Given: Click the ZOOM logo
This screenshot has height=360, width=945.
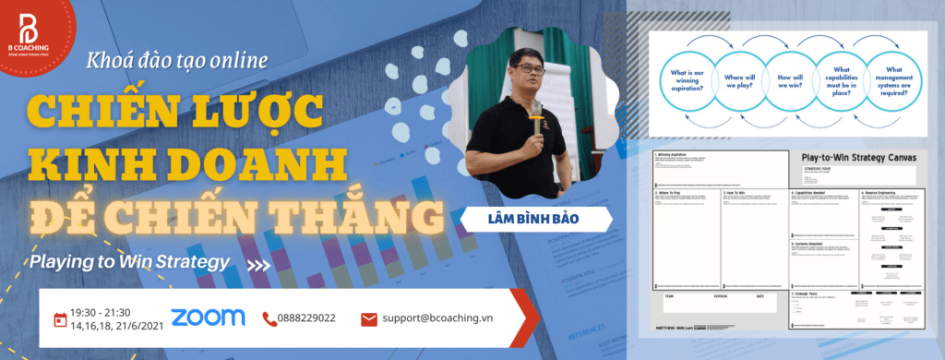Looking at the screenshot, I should pos(208,317).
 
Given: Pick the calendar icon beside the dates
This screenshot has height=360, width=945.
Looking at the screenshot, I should pos(61,319).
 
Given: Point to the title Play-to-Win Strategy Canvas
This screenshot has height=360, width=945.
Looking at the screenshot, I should pos(858,158).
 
